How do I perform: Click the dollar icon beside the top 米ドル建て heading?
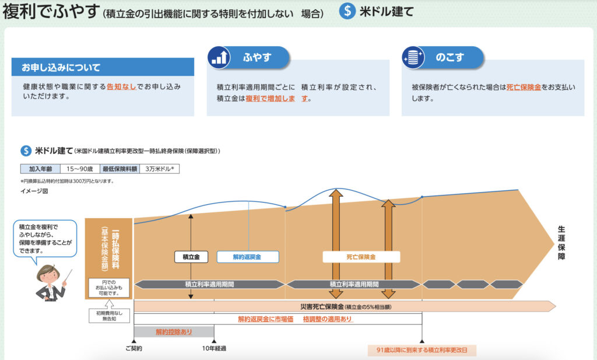tap(348, 11)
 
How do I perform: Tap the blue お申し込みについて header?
tap(103, 67)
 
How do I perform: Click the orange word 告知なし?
tap(122, 86)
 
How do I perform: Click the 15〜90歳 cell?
tap(80, 169)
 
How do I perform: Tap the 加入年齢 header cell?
tap(40, 169)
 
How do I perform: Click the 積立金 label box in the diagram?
tap(191, 257)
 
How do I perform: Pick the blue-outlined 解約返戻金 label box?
tap(248, 257)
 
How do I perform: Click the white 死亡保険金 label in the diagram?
tap(361, 257)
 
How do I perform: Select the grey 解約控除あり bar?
tap(174, 331)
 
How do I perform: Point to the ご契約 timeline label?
tap(134, 348)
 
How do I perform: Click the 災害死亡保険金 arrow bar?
tap(344, 306)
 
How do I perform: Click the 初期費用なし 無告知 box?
tap(105, 315)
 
